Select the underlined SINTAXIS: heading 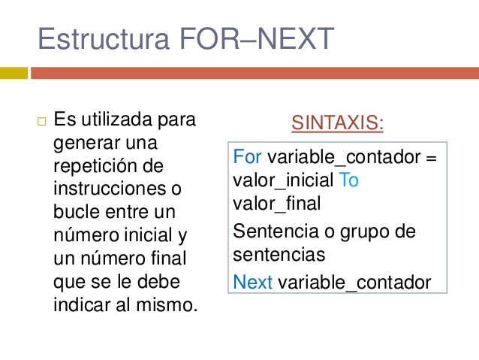tap(337, 123)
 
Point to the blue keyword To tap(349, 180)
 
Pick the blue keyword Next tap(253, 283)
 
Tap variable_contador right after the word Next tap(354, 283)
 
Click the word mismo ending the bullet tap(171, 306)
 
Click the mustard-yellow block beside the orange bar tap(14, 73)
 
